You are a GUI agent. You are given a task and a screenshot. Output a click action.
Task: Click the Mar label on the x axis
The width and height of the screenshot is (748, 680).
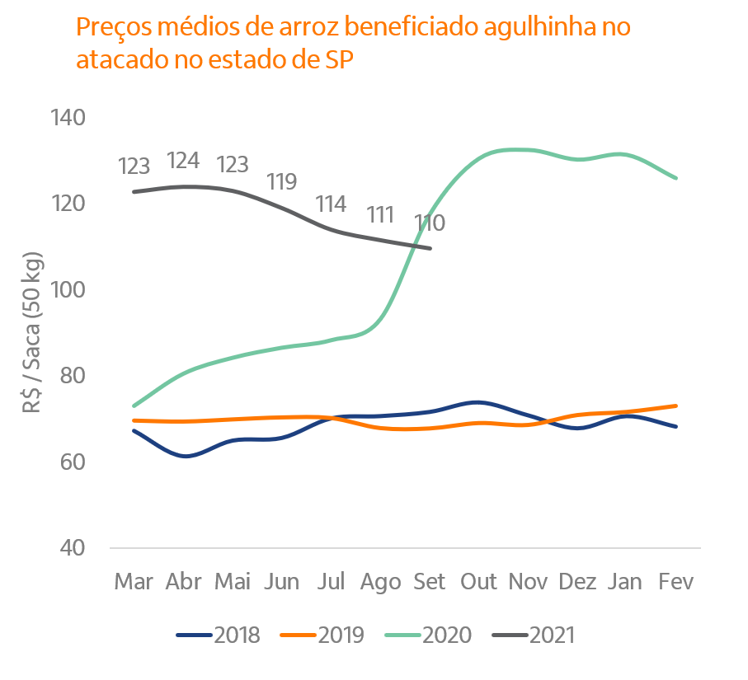pyautogui.click(x=134, y=582)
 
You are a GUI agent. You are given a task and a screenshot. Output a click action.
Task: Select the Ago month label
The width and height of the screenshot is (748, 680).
pyautogui.click(x=380, y=582)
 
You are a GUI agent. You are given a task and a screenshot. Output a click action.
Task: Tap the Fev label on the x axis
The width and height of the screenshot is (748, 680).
pyautogui.click(x=676, y=582)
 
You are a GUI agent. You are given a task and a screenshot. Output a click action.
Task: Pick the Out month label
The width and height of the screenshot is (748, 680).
pyautogui.click(x=479, y=582)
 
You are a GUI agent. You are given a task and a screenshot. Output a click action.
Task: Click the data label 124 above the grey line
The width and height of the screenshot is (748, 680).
pyautogui.click(x=183, y=161)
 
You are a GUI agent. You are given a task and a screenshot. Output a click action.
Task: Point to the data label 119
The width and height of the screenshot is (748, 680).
pyautogui.click(x=281, y=182)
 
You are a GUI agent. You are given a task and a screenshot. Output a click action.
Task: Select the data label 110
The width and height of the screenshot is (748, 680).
pyautogui.click(x=429, y=223)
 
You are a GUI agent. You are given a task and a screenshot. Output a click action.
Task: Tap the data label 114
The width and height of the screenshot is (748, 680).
pyautogui.click(x=331, y=204)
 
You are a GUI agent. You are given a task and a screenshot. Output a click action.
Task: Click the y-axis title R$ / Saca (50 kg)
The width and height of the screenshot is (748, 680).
pyautogui.click(x=35, y=330)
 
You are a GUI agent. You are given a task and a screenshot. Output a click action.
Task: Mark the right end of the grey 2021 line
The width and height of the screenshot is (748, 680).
pyautogui.click(x=430, y=247)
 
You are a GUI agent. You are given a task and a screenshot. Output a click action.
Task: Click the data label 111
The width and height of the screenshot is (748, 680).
pyautogui.click(x=380, y=215)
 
